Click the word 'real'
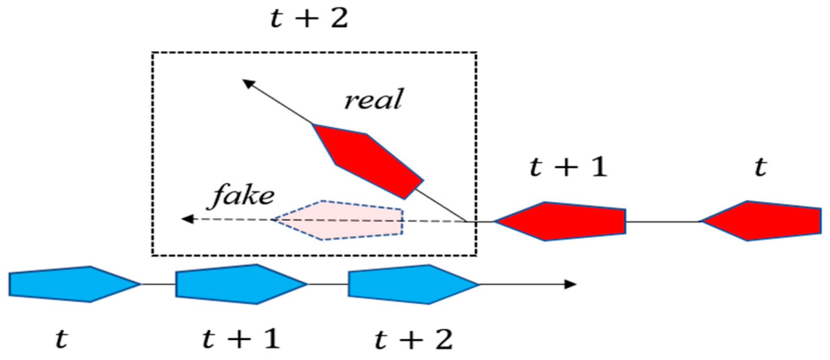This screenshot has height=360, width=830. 373,100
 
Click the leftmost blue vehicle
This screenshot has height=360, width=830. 70,284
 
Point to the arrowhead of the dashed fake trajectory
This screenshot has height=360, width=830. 186,219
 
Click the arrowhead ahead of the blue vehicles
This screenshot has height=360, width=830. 571,284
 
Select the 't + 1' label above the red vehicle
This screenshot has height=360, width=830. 568,166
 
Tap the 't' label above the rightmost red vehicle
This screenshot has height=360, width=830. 761,167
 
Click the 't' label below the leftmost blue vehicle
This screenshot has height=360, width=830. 62,339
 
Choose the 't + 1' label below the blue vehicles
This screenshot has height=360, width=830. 241,339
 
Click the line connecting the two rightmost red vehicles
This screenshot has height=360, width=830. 663,222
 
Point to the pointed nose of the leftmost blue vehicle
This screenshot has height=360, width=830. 138,283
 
